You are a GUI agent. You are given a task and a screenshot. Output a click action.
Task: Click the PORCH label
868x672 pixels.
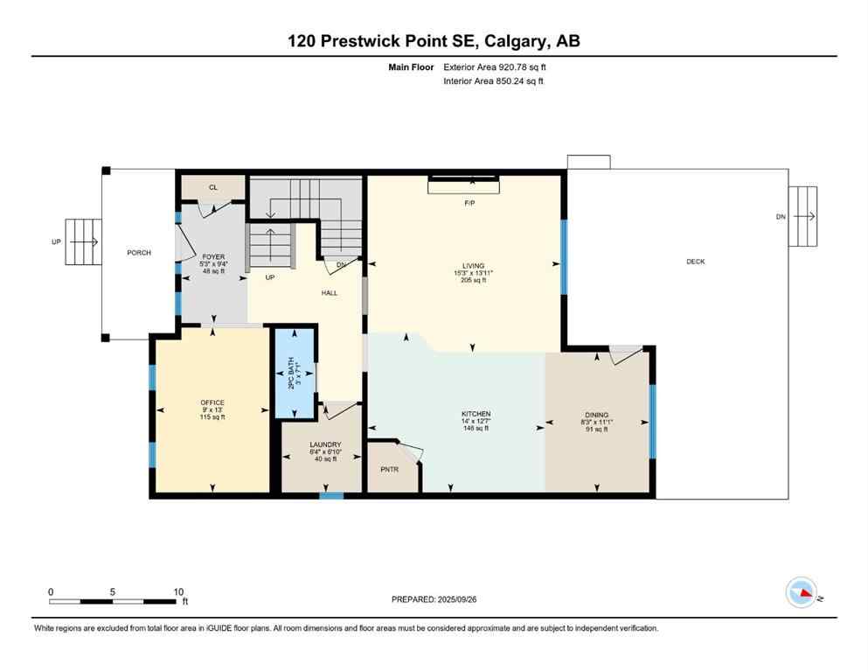point(138,253)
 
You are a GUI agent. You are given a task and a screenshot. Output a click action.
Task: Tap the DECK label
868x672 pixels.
point(695,262)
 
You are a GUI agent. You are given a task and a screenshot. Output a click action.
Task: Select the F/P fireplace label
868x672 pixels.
point(469,203)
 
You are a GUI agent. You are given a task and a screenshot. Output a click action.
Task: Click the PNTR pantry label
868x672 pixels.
point(389,470)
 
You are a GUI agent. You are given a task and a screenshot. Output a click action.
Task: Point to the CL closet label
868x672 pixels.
point(212,187)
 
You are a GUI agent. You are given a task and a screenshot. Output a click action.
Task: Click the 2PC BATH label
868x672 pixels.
point(295,374)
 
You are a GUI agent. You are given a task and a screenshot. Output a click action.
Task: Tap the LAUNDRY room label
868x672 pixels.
point(324,444)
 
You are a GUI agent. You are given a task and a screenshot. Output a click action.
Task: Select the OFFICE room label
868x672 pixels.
point(212,402)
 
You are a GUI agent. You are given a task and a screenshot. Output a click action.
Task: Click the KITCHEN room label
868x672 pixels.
point(476,414)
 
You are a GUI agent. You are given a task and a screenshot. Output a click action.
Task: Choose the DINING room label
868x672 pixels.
point(597,415)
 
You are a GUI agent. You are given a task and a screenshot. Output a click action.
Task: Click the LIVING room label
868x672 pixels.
point(473,266)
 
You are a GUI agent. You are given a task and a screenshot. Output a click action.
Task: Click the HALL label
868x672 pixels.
point(329,293)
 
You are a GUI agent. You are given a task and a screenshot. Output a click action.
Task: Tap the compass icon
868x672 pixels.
point(802,592)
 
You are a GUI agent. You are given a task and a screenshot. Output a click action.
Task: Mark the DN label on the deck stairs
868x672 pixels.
point(780,217)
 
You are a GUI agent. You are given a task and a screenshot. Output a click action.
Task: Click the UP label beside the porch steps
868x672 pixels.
point(56,241)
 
